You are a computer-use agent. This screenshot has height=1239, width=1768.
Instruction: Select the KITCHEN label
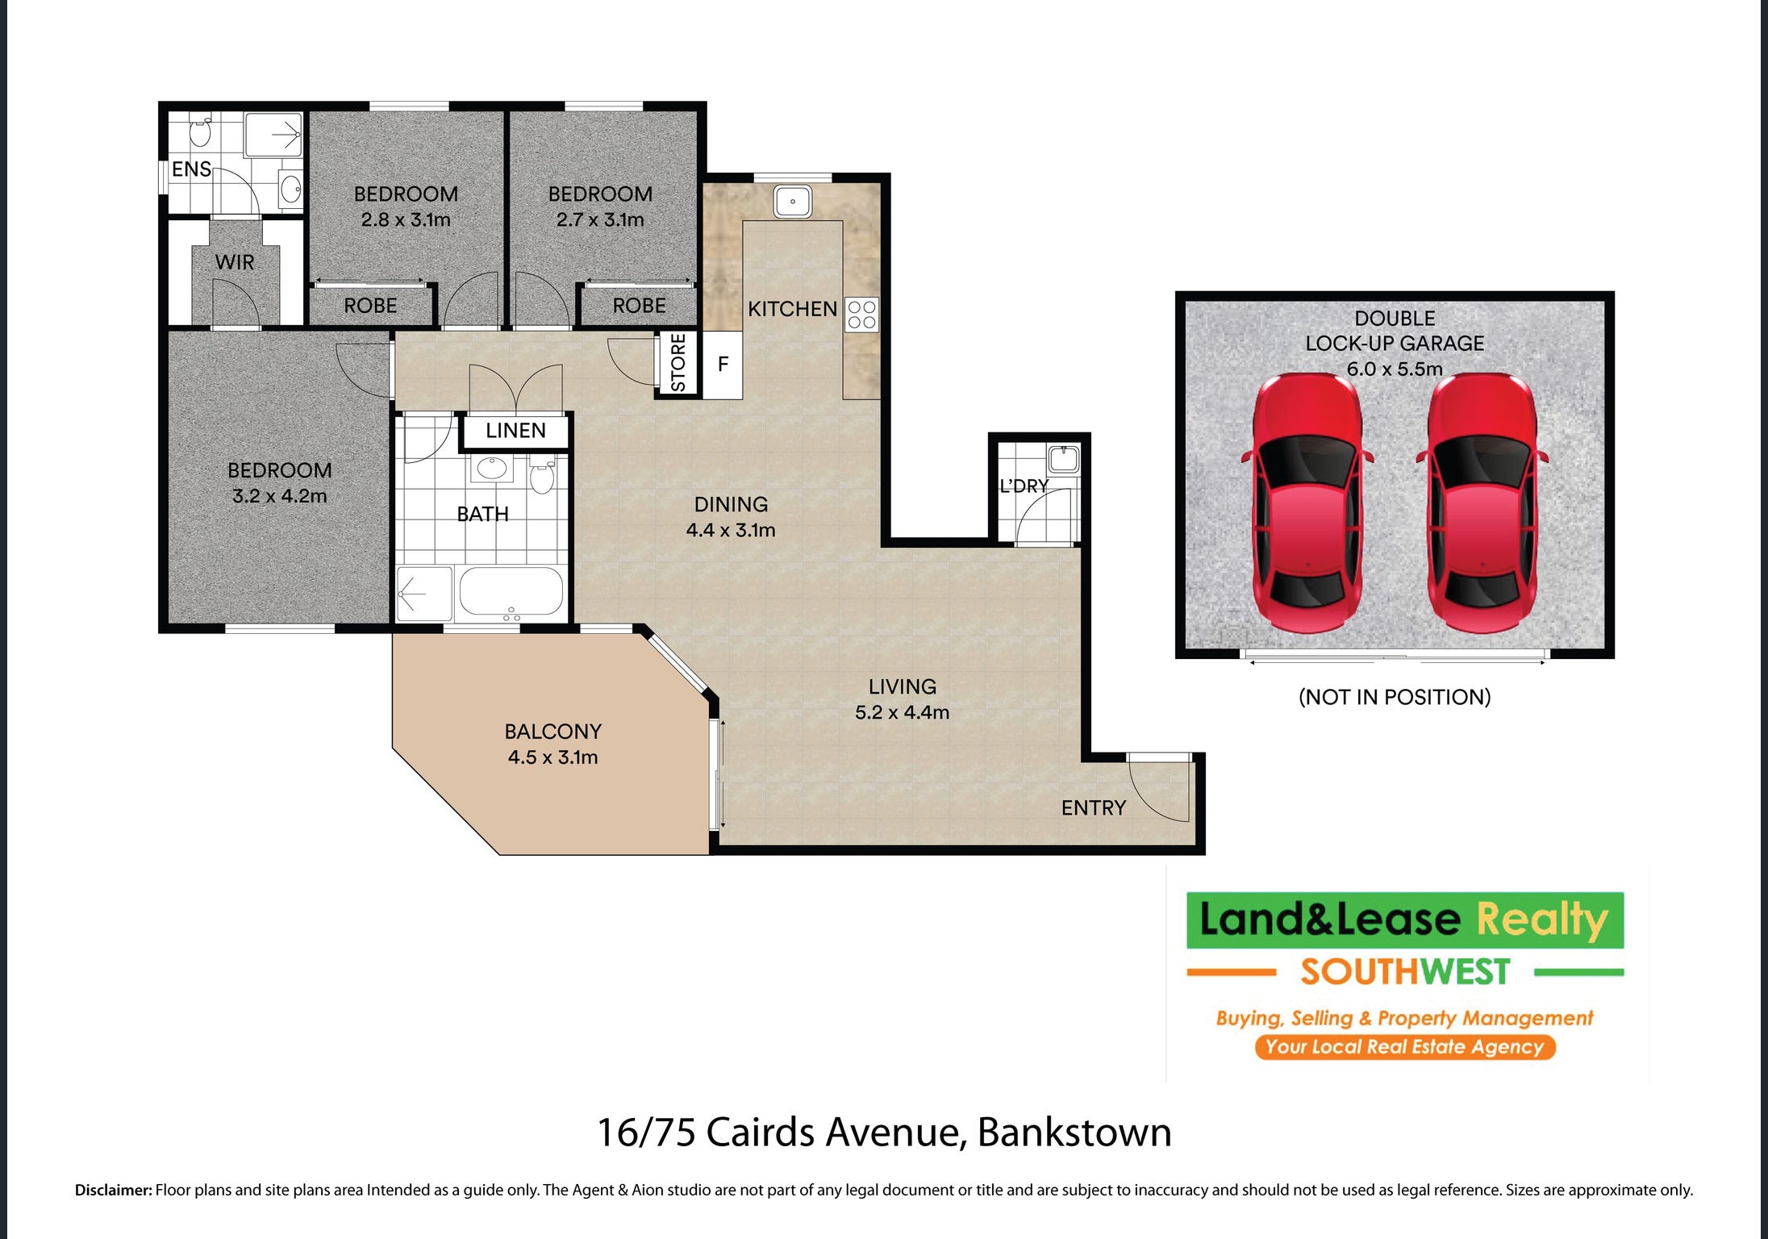pos(792,309)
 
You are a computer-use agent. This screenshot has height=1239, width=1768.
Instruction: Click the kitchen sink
pos(793,202)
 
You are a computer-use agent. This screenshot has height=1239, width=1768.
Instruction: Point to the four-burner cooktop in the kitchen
pos(861,315)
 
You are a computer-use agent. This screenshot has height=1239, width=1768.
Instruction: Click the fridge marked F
pos(723,364)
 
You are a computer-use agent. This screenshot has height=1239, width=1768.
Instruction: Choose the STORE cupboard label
pos(678,363)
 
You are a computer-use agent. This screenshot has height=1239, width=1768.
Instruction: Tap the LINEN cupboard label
pos(515,431)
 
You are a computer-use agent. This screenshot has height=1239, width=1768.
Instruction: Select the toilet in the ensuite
pos(201,131)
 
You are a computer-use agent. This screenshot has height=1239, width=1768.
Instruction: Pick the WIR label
pos(235,262)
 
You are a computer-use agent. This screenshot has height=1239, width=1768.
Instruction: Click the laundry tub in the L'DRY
pos(1063,459)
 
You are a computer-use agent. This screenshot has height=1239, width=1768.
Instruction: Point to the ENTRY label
pos(1093,808)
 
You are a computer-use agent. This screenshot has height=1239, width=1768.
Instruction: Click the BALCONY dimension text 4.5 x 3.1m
pos(553,757)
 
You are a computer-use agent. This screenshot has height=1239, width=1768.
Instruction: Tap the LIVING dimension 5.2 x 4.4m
pos(902,712)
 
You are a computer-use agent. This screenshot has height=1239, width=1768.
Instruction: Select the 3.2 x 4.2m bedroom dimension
pos(280,496)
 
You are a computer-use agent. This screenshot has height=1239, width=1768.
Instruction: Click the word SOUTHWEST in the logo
pos(1405,972)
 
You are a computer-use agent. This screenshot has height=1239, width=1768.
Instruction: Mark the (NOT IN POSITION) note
pos(1395,697)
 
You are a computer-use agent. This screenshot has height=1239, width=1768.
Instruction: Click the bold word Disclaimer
pos(113,1190)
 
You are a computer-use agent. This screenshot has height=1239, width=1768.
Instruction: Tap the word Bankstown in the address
pos(1074,1133)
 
